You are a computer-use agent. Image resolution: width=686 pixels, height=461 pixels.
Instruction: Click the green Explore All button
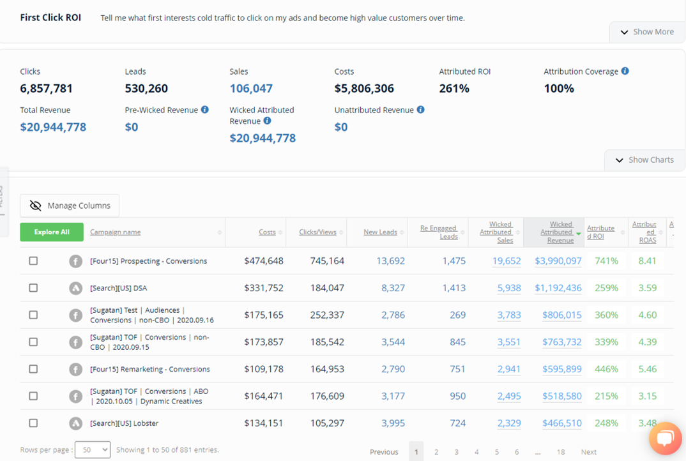(52, 232)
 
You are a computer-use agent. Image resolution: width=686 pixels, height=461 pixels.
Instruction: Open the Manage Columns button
(70, 206)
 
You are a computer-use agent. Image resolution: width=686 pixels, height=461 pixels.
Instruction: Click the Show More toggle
(646, 32)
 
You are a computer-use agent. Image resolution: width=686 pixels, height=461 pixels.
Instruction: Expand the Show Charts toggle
(644, 160)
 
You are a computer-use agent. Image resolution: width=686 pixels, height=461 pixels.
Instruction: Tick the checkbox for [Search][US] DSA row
(33, 288)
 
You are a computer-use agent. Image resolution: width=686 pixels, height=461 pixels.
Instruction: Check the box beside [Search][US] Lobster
(33, 423)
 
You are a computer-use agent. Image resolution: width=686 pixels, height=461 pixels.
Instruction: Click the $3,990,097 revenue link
(558, 261)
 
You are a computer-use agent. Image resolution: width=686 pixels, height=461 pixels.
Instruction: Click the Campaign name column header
(115, 232)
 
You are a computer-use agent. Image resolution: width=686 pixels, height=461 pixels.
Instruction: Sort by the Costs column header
(267, 232)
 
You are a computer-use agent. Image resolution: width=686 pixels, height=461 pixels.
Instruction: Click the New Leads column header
(380, 232)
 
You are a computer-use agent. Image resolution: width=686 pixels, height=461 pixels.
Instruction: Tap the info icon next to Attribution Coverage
(625, 72)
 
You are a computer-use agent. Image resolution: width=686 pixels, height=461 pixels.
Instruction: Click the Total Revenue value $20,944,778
(53, 127)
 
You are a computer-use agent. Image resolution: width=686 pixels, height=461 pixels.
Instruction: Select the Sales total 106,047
(251, 89)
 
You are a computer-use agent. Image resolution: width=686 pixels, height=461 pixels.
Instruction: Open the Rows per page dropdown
(93, 450)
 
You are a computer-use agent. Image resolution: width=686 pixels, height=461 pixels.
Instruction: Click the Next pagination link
(588, 452)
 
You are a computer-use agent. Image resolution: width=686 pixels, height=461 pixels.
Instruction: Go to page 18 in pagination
(560, 452)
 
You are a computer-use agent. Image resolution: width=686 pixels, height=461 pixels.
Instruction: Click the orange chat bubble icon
(665, 438)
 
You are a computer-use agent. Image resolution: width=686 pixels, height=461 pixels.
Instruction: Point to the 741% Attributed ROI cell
(606, 261)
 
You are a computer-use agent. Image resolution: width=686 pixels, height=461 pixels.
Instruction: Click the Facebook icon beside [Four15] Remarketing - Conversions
(75, 369)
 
